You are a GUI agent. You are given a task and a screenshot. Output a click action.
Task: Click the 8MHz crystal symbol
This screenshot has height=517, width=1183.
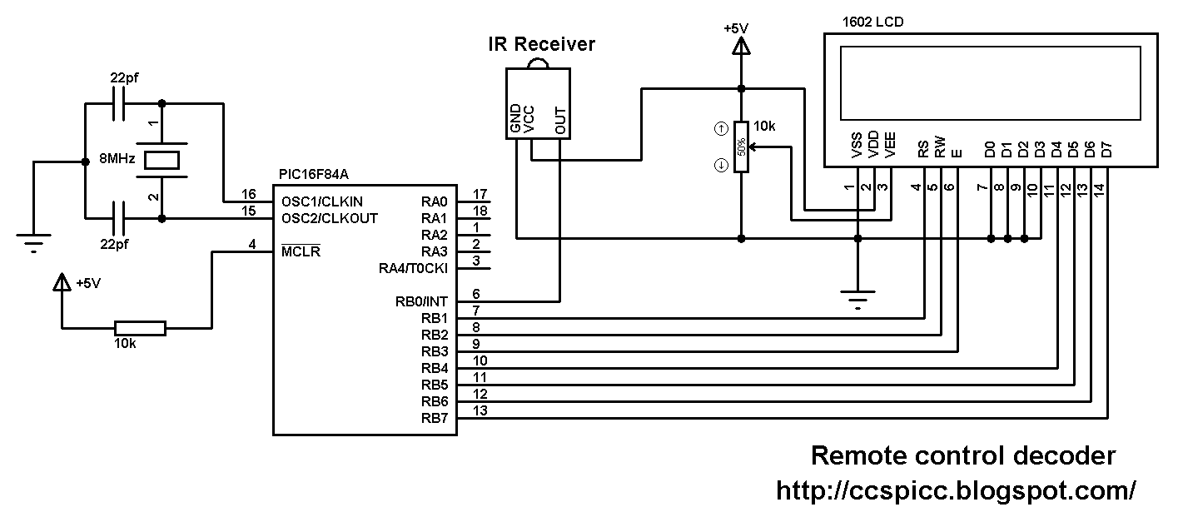click(162, 160)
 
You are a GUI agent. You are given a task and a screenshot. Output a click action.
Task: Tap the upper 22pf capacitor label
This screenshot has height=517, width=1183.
click(124, 77)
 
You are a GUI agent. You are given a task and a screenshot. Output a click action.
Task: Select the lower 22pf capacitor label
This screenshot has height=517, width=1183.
click(114, 244)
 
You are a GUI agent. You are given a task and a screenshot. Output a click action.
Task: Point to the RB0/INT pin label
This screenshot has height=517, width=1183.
click(421, 301)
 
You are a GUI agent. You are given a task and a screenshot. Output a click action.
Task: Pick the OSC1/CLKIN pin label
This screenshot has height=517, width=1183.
click(322, 201)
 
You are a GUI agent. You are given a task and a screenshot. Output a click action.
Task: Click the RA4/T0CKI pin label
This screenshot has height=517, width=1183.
click(413, 268)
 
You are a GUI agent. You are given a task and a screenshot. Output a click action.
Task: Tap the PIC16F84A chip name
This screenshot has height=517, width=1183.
click(314, 174)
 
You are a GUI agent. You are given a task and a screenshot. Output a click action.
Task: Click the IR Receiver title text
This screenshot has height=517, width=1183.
click(541, 44)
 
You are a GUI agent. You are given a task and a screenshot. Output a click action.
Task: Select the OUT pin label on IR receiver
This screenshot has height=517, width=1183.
click(561, 121)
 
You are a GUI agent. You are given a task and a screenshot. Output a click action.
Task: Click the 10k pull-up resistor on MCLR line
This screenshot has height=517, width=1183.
click(141, 329)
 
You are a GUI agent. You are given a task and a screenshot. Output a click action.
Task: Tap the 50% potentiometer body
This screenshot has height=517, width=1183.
click(741, 147)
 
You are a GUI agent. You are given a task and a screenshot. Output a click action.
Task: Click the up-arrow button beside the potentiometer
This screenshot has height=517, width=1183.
click(721, 128)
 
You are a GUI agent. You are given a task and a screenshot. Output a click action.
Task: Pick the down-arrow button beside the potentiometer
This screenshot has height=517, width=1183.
click(721, 166)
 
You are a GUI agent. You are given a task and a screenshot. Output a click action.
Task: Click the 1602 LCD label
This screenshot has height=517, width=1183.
click(873, 22)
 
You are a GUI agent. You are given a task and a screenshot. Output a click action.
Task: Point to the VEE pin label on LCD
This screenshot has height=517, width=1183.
click(890, 145)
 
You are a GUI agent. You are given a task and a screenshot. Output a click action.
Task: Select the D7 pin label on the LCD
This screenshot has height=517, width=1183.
click(1107, 150)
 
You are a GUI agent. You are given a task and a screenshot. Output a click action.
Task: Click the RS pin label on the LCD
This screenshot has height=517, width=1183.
click(923, 150)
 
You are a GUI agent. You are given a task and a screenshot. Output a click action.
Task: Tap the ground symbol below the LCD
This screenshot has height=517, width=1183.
click(857, 300)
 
